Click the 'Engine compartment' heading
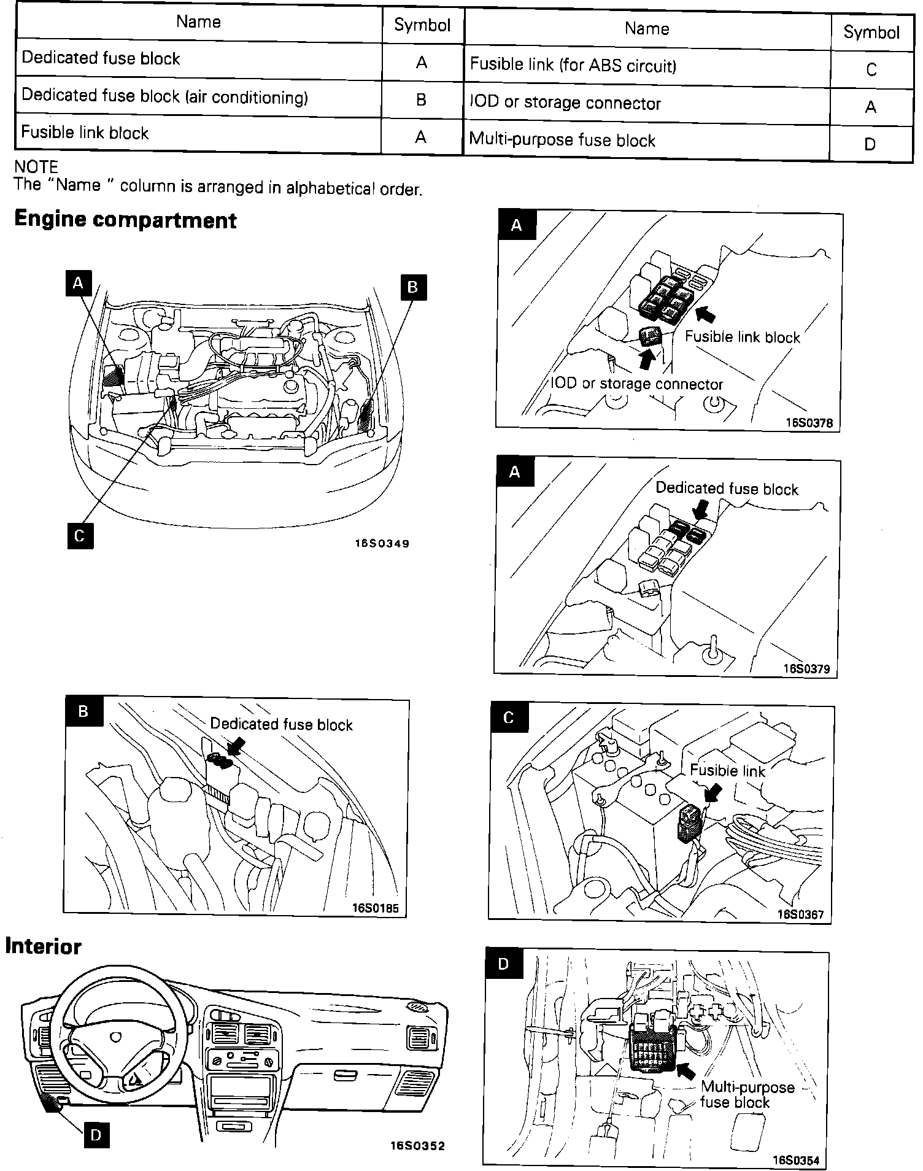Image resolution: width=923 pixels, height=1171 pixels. click(125, 220)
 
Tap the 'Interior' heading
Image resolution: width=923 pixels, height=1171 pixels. click(43, 946)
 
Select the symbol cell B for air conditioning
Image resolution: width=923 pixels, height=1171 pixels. click(421, 99)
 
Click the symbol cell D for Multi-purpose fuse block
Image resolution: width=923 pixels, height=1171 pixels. click(870, 144)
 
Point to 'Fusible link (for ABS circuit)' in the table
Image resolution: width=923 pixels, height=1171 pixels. click(573, 65)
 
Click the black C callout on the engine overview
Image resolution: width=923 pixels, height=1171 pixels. click(80, 536)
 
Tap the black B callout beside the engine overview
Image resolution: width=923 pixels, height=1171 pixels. click(412, 287)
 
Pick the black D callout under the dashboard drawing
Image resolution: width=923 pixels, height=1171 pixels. click(96, 1135)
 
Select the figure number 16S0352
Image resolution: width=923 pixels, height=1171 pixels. click(417, 1145)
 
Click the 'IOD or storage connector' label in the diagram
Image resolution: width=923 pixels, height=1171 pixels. click(637, 384)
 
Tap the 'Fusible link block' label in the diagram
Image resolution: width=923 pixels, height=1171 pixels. click(742, 337)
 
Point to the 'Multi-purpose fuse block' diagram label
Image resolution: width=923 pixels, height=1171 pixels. click(747, 1094)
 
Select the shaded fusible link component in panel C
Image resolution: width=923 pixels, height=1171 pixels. click(689, 823)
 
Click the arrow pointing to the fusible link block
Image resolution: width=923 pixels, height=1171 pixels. click(706, 314)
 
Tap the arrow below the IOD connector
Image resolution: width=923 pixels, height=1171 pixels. click(646, 358)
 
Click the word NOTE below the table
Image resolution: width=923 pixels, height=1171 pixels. click(36, 167)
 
